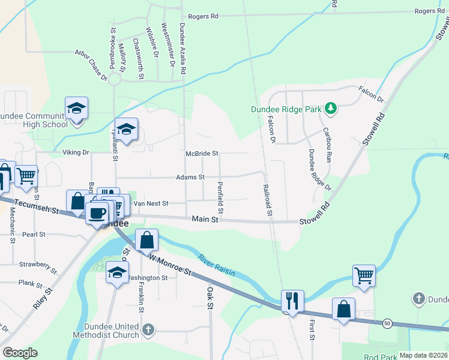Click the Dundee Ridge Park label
(287, 109)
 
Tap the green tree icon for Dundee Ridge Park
(330, 109)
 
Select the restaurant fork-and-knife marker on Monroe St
(292, 300)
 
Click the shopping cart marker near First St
(364, 276)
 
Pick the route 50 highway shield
(387, 324)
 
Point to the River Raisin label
(216, 264)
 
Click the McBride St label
(202, 153)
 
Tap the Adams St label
(190, 178)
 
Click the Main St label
(204, 220)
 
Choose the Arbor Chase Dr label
(91, 64)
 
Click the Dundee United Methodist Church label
(106, 331)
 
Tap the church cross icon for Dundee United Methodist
(148, 329)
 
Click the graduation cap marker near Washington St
(117, 273)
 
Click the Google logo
(20, 353)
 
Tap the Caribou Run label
(327, 145)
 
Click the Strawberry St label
(37, 265)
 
